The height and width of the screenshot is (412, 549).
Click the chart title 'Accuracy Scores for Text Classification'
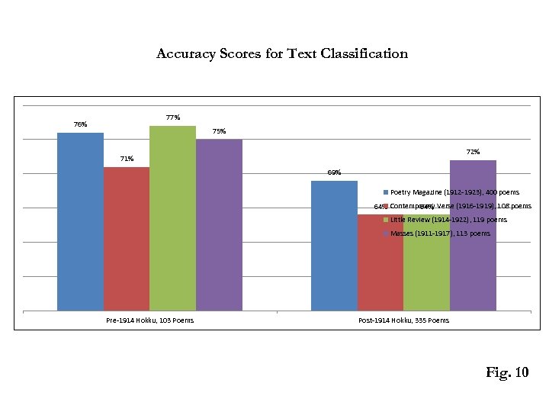click(281, 53)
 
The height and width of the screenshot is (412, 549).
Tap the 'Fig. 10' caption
click(506, 372)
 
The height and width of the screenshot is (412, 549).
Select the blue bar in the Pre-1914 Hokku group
click(80, 221)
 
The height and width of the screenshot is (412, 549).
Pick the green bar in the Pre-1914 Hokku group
click(172, 218)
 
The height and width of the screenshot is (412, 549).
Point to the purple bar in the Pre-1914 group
click(219, 224)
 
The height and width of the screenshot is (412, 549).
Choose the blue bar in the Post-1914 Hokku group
click(334, 245)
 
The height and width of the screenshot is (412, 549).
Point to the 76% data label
click(80, 124)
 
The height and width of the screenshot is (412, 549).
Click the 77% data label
click(172, 117)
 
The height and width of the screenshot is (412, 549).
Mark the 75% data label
click(219, 131)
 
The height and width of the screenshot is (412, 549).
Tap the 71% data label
click(127, 159)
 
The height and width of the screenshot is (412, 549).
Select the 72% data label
click(473, 152)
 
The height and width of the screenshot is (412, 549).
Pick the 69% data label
click(334, 172)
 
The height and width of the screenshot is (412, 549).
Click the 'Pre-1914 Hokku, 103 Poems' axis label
click(149, 320)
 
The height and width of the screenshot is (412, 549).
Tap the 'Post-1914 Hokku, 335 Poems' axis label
click(403, 320)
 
